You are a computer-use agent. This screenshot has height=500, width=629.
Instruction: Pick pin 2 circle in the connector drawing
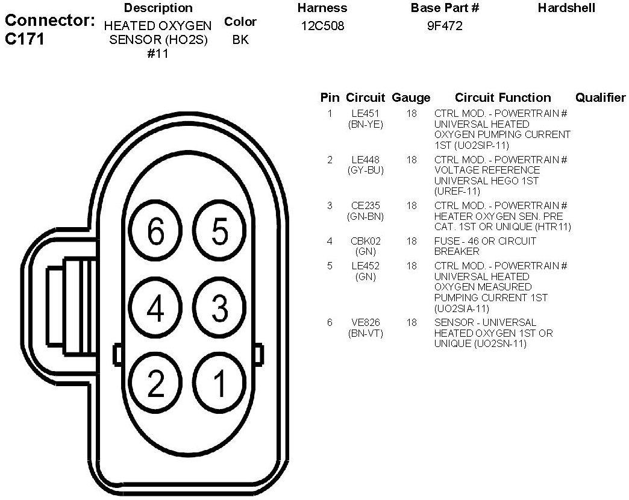click(x=156, y=384)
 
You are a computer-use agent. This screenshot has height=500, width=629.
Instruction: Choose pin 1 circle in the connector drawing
click(x=220, y=384)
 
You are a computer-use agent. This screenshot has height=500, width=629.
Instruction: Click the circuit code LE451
click(x=366, y=114)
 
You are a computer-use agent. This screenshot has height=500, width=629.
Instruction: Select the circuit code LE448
click(x=366, y=160)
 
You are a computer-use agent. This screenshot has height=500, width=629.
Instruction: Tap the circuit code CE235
click(x=366, y=206)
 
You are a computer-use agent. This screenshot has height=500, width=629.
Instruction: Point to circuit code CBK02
click(x=366, y=242)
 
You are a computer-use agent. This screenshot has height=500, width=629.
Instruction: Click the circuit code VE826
click(x=366, y=323)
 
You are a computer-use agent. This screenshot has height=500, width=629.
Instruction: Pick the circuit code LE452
click(x=366, y=266)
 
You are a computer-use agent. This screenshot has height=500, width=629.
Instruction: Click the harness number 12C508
click(x=322, y=27)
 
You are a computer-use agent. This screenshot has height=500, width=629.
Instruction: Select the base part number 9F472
click(x=445, y=27)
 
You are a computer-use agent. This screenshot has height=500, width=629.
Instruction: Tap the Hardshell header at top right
click(x=566, y=8)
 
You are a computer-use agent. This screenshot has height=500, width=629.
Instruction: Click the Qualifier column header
click(x=600, y=98)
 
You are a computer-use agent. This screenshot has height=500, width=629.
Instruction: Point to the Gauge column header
click(x=411, y=98)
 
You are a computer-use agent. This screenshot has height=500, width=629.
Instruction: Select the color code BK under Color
click(x=240, y=40)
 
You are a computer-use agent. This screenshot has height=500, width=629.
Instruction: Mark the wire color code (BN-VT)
click(x=366, y=333)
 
